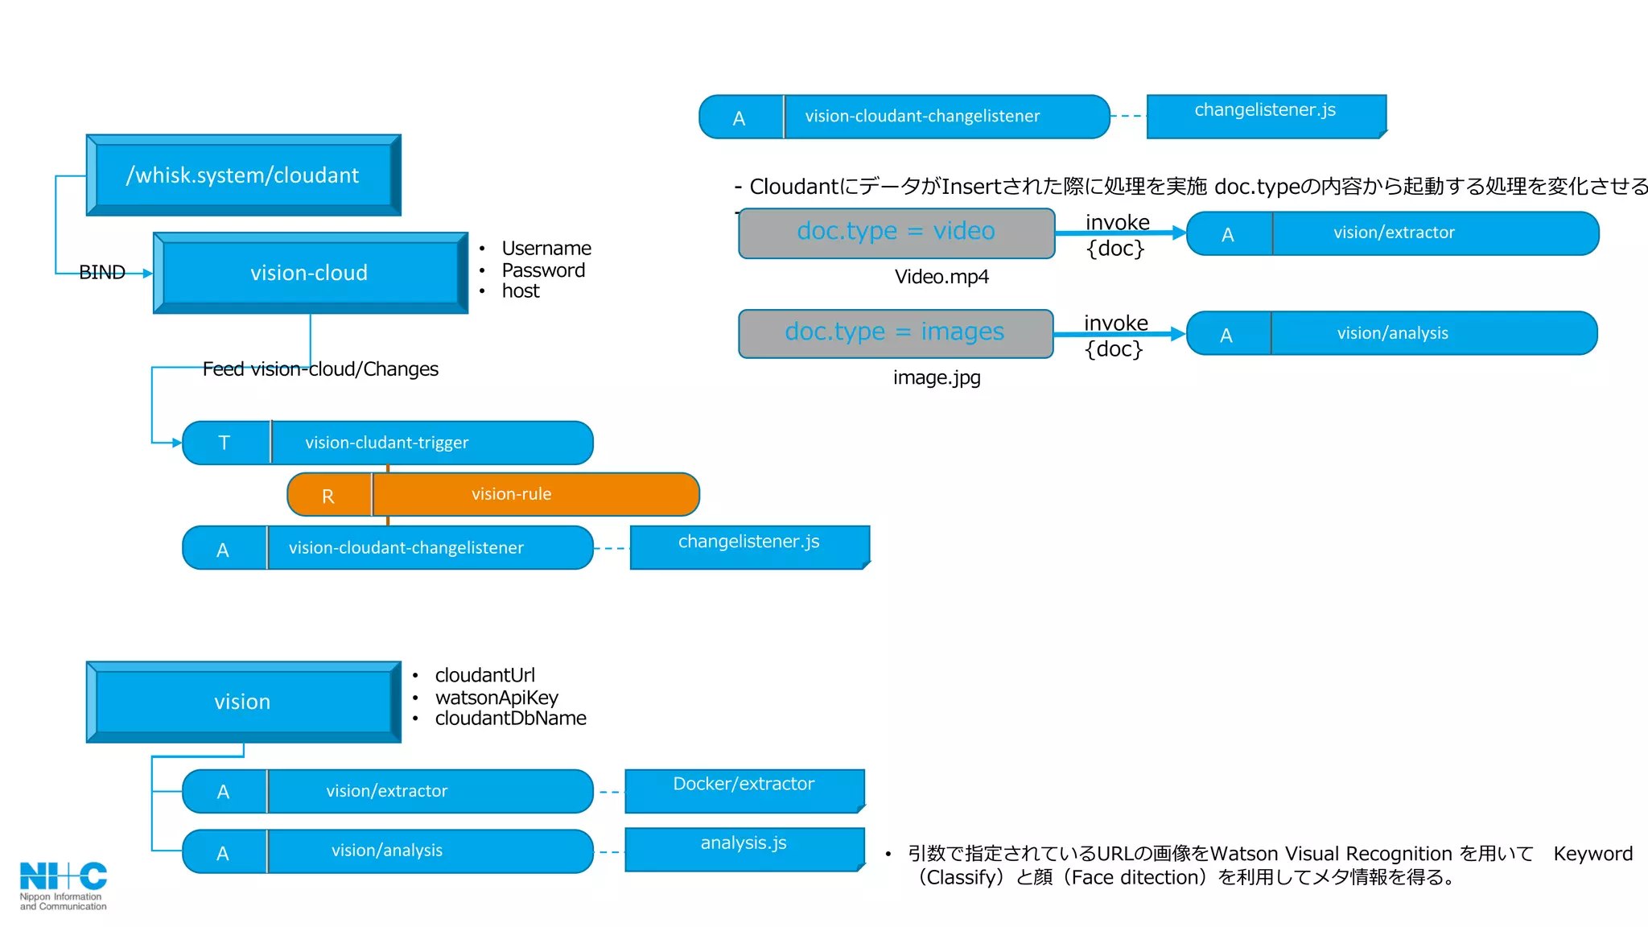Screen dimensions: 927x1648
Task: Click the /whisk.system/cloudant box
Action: tap(243, 175)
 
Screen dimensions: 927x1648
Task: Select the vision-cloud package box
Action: tap(310, 274)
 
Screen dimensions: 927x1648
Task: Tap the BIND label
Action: tap(102, 273)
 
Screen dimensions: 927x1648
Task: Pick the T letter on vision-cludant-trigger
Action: tap(225, 443)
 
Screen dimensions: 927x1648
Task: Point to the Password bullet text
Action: tap(543, 270)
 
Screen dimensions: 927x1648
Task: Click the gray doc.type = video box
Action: tap(896, 233)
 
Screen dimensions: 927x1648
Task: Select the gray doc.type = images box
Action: tap(895, 332)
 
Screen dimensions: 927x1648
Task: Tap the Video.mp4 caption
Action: tap(941, 277)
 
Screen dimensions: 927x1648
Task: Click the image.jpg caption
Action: tap(937, 377)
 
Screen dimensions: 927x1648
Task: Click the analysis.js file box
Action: tap(744, 848)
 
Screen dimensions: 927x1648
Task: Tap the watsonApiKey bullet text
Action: tap(496, 698)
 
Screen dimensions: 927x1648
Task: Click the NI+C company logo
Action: tap(63, 884)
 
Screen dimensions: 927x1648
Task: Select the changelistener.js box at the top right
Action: tap(1266, 116)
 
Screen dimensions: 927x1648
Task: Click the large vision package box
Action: tap(243, 702)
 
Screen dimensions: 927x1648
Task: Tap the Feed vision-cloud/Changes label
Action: tap(320, 369)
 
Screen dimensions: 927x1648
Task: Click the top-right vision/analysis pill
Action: tap(1392, 333)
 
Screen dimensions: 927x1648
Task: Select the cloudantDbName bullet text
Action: tap(510, 719)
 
